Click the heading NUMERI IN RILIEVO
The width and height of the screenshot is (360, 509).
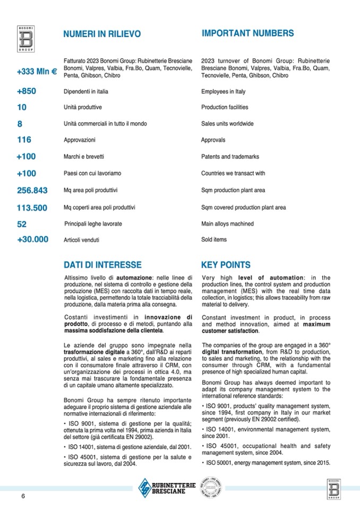click(x=102, y=34)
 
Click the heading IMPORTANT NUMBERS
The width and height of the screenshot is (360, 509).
click(x=247, y=33)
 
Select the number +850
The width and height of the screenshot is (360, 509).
click(x=27, y=91)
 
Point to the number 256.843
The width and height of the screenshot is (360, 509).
click(x=32, y=190)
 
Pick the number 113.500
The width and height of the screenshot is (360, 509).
click(x=32, y=208)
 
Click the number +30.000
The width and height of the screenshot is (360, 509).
click(x=32, y=239)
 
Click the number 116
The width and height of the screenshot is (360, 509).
click(x=24, y=140)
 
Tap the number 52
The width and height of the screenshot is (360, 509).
click(x=22, y=224)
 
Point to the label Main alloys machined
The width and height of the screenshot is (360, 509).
click(x=228, y=224)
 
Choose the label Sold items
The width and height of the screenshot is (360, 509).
click(x=214, y=239)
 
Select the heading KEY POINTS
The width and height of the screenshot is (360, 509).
click(x=226, y=265)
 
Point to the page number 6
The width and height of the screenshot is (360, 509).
click(x=23, y=496)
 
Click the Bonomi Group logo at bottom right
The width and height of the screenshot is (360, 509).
click(x=336, y=488)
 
